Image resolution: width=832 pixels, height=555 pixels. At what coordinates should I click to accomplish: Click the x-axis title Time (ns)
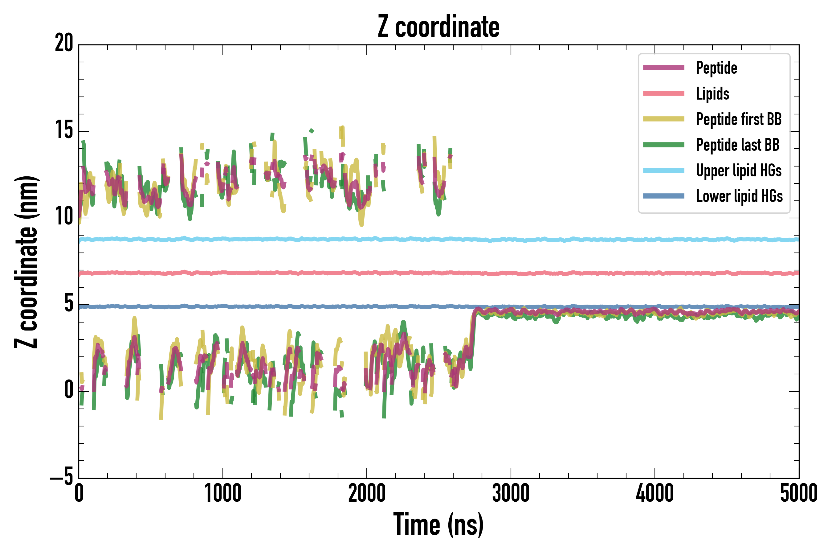tap(438, 524)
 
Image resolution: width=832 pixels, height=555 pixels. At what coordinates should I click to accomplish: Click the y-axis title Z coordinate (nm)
tap(26, 262)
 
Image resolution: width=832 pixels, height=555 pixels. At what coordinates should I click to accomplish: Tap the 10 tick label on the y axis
tap(64, 217)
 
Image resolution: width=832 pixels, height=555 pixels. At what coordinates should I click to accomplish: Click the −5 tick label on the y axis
tap(62, 478)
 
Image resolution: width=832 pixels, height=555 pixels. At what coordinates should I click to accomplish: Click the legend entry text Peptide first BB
tap(739, 119)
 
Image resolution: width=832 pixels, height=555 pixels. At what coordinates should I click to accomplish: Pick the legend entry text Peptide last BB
tap(737, 145)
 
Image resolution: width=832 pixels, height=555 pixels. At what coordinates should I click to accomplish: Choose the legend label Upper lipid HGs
tap(739, 171)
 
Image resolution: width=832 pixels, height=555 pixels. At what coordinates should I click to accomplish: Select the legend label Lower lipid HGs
tap(739, 196)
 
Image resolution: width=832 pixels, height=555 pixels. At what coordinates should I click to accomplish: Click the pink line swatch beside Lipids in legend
tap(664, 93)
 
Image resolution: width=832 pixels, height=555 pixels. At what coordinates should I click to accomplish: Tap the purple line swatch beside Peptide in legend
tap(664, 68)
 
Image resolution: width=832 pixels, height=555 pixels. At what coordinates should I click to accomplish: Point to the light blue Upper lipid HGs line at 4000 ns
tap(655, 240)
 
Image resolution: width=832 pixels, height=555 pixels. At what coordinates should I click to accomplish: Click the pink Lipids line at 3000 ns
tap(511, 273)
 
